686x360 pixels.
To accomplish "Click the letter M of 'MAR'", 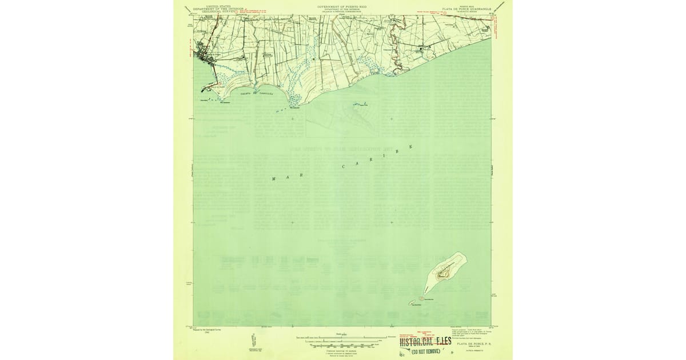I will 273,179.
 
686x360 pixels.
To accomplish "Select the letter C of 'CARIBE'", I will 343,167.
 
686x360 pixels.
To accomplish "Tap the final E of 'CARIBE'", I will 410,147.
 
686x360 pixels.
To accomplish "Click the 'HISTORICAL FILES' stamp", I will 425,342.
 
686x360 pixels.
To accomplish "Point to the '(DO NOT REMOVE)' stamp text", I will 426,352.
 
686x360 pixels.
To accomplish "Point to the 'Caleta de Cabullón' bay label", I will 257,93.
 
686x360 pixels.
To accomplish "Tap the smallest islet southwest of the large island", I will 410,303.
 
